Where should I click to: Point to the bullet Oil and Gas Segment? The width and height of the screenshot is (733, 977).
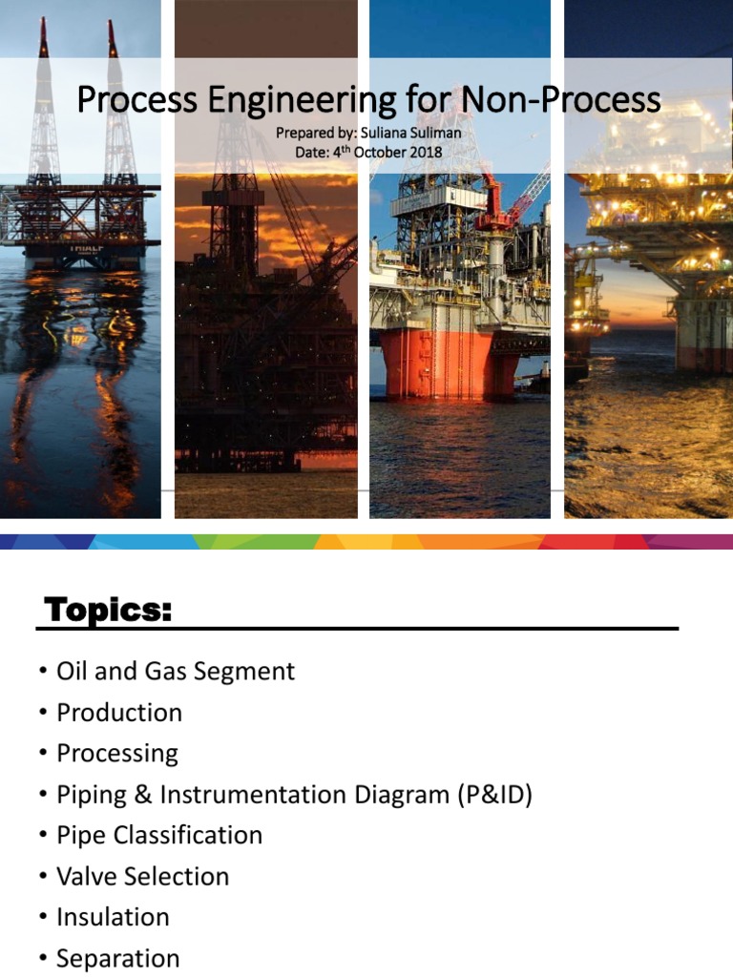176,672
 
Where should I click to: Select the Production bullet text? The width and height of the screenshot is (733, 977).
119,713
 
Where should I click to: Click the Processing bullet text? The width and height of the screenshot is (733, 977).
117,754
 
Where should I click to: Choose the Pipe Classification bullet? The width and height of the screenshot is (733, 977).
159,836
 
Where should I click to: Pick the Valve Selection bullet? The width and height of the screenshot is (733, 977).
143,877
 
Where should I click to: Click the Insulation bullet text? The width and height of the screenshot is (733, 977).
113,918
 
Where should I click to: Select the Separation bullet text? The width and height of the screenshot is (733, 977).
117,959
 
